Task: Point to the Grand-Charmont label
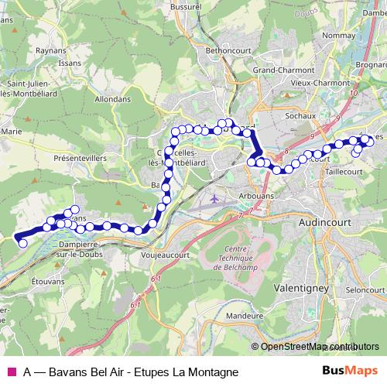pos(276,70)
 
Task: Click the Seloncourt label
pos(360,289)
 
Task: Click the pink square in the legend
pos(11,372)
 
